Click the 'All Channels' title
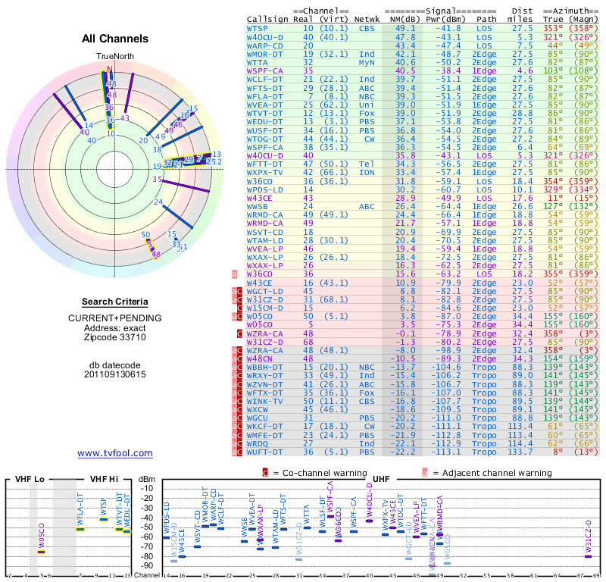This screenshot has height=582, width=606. pos(114,38)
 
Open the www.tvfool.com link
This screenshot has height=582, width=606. pos(114,453)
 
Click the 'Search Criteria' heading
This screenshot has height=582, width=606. pos(114,302)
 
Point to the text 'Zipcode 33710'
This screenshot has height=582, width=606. pos(114,336)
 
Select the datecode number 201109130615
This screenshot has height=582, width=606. pos(114,374)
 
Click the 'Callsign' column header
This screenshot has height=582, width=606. pos(267,20)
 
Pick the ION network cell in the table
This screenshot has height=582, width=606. pos(367,172)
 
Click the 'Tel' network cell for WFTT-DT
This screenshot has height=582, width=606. pos(367,164)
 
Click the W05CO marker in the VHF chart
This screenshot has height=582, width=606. pos(41,552)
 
